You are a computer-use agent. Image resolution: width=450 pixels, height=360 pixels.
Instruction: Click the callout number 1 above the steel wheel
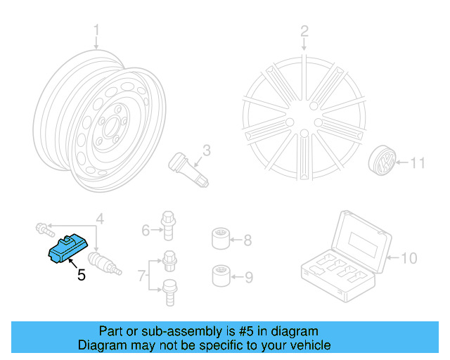click(97, 31)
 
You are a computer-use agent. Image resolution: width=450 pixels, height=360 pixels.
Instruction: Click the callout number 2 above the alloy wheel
click(304, 31)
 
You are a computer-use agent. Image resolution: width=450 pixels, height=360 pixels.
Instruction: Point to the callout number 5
click(81, 276)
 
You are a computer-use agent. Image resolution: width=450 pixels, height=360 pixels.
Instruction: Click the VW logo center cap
click(382, 165)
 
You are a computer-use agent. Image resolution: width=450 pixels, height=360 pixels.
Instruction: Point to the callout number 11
click(418, 164)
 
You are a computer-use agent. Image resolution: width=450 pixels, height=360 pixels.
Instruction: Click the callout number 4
click(100, 219)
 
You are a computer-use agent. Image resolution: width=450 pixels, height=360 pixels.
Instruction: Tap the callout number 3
click(207, 150)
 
